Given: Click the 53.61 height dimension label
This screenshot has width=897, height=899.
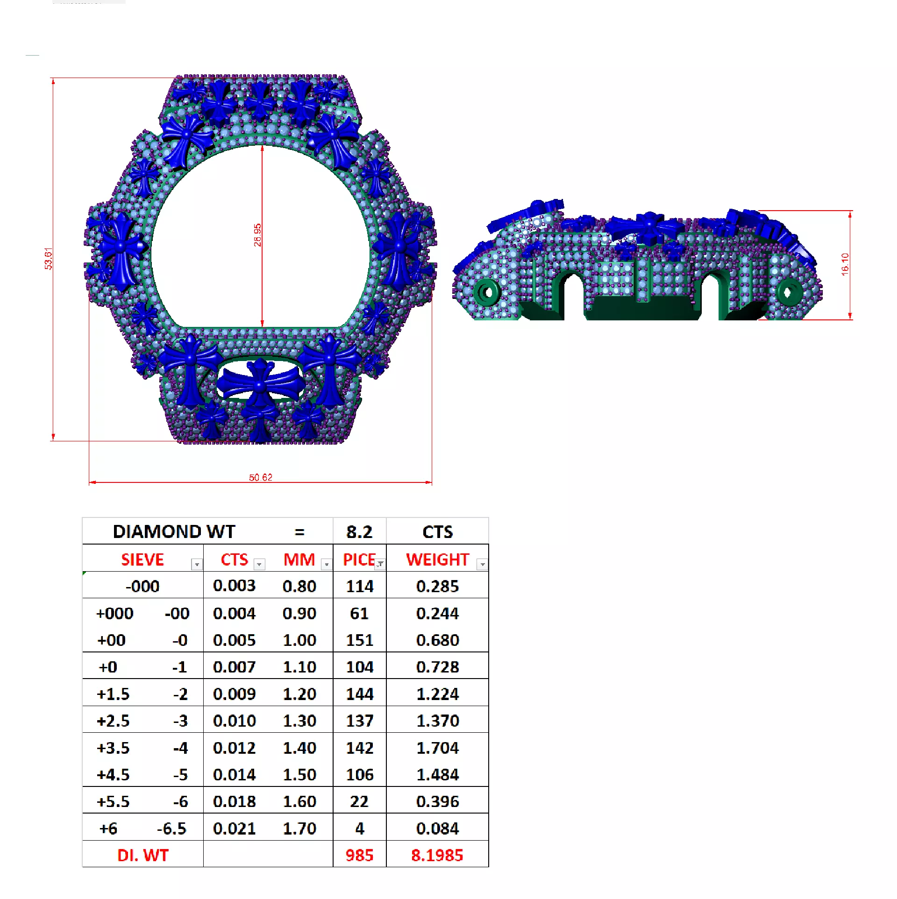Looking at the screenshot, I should click(49, 259).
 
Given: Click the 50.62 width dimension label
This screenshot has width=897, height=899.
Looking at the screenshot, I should click(260, 477).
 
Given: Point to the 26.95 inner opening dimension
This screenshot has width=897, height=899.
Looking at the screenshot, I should click(257, 235).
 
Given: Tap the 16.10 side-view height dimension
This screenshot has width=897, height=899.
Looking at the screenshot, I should click(845, 264).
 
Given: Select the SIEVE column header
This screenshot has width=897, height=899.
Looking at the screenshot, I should click(142, 559).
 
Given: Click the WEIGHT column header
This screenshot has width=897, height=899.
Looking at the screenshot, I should click(437, 559).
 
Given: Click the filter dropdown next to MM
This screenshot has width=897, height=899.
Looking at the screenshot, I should click(327, 565).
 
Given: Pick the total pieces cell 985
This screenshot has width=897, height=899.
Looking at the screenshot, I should click(359, 855).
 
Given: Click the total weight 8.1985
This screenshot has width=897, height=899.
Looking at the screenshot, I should click(437, 855).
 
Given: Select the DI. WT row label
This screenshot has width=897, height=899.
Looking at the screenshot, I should click(142, 855).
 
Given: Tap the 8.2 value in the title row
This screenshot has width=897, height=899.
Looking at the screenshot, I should click(359, 532).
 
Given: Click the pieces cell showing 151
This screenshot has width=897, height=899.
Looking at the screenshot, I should click(359, 640).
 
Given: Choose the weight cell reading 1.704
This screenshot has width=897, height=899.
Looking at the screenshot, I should click(437, 748).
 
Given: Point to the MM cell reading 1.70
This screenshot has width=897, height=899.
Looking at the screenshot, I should click(299, 828).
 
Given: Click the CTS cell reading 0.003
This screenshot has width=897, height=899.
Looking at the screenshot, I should click(234, 586).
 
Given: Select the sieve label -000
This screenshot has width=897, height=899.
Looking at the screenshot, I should click(142, 586).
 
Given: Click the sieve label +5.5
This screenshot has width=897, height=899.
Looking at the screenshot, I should click(113, 801).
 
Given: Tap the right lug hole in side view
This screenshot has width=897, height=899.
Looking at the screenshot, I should click(788, 292).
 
